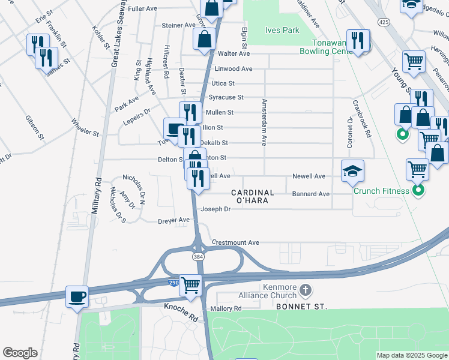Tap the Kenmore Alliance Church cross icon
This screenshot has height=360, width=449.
click(305, 291)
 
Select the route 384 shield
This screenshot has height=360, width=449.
click(197, 257)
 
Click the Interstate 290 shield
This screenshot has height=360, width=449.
click(173, 282)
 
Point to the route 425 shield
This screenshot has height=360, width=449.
click(384, 22)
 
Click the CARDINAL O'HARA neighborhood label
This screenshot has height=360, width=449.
click(253, 196)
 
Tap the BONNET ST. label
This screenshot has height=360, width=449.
click(301, 307)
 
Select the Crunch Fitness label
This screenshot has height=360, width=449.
click(381, 191)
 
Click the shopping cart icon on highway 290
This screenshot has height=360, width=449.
click(191, 284)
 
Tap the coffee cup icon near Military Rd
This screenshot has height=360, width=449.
click(77, 296)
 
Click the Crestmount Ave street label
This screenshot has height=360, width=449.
click(235, 242)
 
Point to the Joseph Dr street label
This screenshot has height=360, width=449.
click(215, 209)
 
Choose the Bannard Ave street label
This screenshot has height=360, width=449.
click(310, 194)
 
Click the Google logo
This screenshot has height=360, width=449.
click(20, 353)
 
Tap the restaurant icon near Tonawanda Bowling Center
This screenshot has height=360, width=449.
click(358, 41)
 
